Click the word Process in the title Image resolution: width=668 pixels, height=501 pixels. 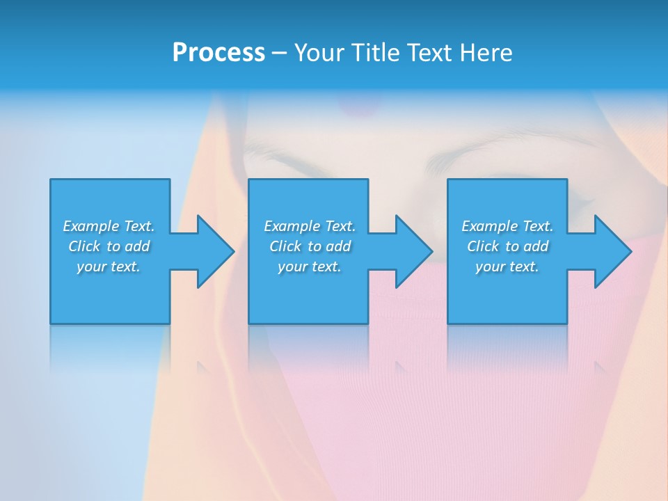(x=218, y=53)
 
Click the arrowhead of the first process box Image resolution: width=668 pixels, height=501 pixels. (x=215, y=251)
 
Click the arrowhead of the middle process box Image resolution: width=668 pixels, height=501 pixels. (x=413, y=251)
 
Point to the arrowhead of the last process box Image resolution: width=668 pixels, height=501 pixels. (x=612, y=251)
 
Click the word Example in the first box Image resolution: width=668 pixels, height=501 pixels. (x=90, y=226)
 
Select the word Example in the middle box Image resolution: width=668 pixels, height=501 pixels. (x=291, y=226)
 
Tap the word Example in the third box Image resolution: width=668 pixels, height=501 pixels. (x=488, y=226)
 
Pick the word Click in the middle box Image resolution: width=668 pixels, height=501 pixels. (x=285, y=246)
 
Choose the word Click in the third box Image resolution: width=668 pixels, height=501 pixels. (x=483, y=246)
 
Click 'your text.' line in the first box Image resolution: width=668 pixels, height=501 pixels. (x=109, y=267)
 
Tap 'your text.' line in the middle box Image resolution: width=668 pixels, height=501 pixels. (x=310, y=267)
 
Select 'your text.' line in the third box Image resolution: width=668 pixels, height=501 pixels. (x=507, y=267)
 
